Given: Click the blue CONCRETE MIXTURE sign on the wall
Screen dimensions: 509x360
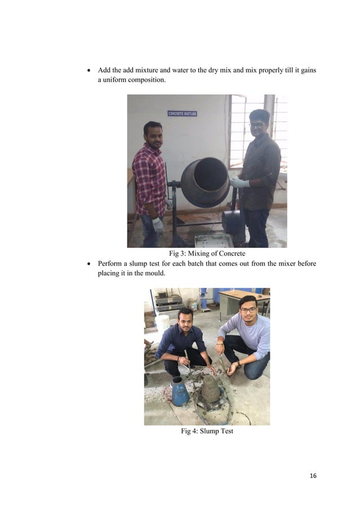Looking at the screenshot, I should coord(182,113).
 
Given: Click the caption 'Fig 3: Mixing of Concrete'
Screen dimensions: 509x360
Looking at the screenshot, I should coord(207,253).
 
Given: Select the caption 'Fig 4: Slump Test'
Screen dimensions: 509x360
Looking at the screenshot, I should coord(207,431).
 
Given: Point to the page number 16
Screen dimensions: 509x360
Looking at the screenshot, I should coord(313,476).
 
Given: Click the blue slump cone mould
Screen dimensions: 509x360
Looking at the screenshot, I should coord(179,391).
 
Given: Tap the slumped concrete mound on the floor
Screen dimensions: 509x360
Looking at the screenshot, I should coord(210,388).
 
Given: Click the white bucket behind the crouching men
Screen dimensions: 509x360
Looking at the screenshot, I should coord(163,323).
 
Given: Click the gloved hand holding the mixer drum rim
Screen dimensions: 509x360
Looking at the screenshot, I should coord(236,183).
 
